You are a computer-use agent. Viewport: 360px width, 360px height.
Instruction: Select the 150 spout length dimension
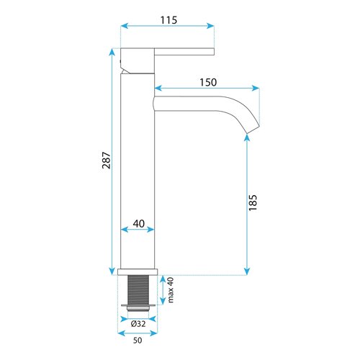coord(207,81)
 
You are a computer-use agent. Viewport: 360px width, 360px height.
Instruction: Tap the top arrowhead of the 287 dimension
coord(111,51)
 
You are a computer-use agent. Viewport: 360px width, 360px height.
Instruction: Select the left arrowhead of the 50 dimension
coord(120,333)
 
